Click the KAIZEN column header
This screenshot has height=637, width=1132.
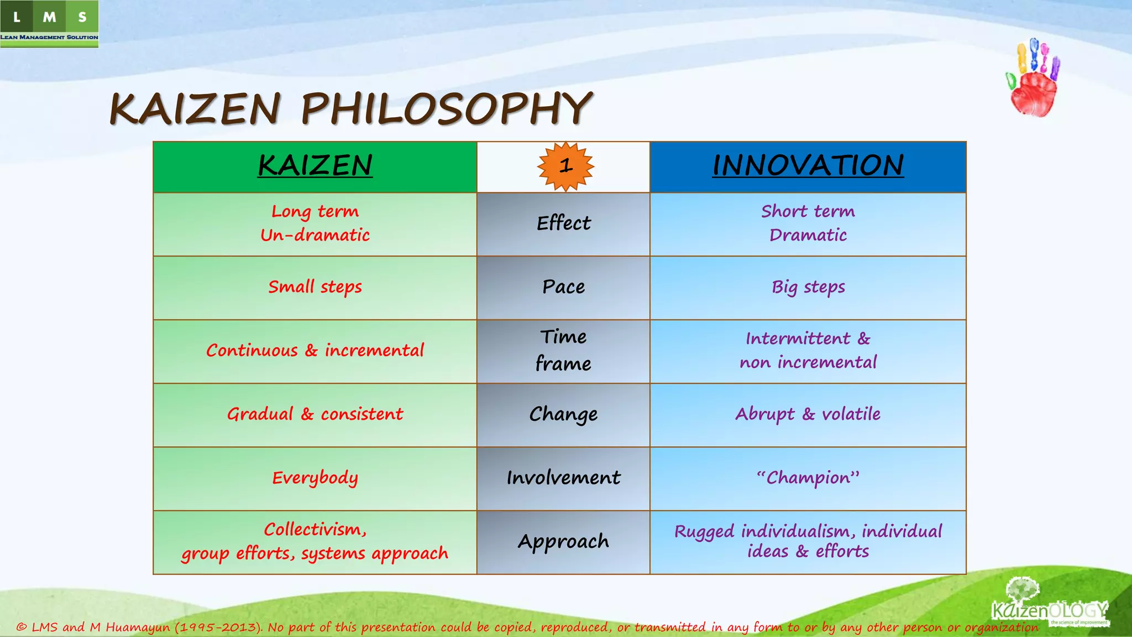click(315, 166)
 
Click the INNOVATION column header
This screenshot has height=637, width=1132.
click(808, 166)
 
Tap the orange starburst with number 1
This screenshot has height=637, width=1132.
click(565, 166)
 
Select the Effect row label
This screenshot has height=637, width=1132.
click(563, 223)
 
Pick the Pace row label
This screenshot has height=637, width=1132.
click(563, 287)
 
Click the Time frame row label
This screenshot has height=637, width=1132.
click(563, 351)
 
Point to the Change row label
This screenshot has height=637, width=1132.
click(563, 414)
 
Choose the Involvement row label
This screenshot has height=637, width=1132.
click(563, 478)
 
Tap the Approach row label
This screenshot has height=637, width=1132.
click(563, 541)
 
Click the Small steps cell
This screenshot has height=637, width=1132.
click(315, 287)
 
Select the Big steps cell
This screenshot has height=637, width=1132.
click(808, 287)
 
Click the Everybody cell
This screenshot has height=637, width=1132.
click(315, 478)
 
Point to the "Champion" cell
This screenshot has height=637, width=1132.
click(808, 478)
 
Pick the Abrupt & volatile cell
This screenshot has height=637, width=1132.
click(808, 414)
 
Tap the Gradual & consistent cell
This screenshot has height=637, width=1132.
click(315, 414)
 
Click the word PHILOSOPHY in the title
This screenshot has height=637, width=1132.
click(447, 108)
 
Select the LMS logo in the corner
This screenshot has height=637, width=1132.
click(49, 24)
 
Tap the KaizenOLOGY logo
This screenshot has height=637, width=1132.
click(1049, 606)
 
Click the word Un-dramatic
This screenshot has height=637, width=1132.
click(315, 236)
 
